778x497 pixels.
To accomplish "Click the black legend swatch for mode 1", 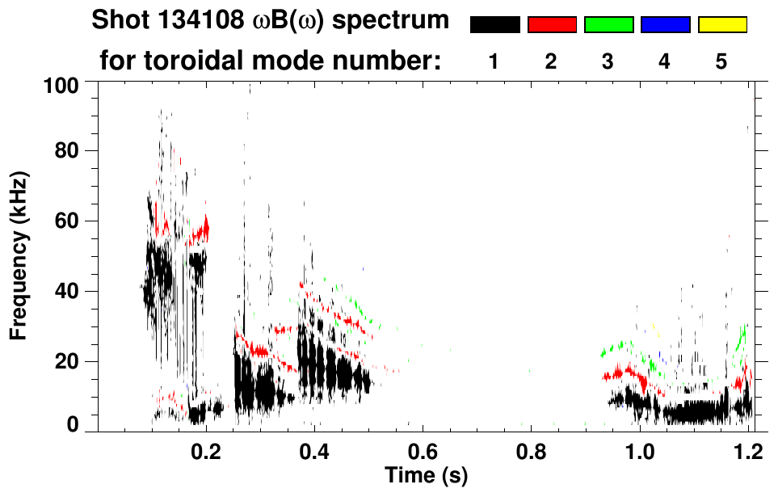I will [x=494, y=25].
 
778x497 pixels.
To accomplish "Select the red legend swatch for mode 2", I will [x=552, y=25].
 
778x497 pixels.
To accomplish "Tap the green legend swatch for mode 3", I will [x=608, y=25].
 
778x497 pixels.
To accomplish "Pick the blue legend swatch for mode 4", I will [x=665, y=25].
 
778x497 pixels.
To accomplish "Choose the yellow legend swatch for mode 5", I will [x=722, y=25].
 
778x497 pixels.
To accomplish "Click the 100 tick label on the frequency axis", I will [x=61, y=85].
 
